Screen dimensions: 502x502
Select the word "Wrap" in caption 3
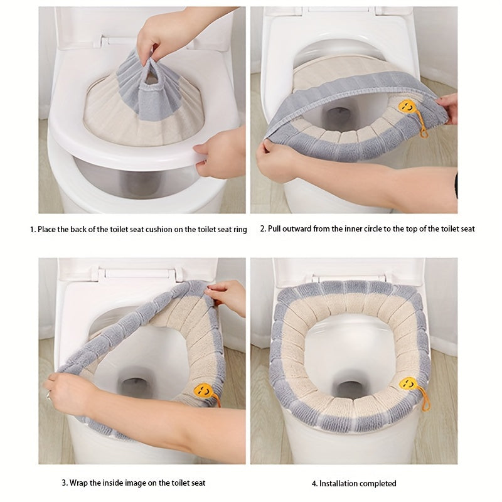[80, 483]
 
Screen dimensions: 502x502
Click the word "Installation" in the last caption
[339, 484]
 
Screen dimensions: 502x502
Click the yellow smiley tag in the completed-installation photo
[409, 384]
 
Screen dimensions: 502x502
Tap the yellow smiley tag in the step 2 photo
[407, 106]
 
